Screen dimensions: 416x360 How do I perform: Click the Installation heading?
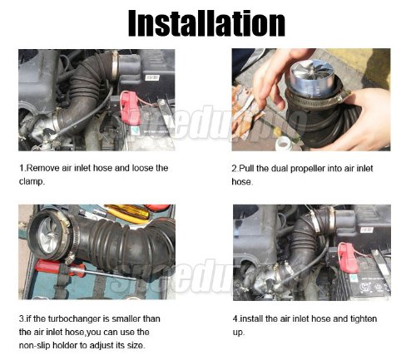(x=206, y=23)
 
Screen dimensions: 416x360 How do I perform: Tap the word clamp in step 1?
(x=31, y=182)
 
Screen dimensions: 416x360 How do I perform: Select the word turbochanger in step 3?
(x=74, y=318)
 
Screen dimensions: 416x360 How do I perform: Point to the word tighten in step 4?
(x=364, y=318)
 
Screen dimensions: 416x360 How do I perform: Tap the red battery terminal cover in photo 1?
(x=130, y=106)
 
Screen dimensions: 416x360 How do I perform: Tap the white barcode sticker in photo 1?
(x=152, y=78)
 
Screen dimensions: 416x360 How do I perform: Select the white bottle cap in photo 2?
(x=284, y=143)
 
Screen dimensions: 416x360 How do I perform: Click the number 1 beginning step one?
(x=22, y=168)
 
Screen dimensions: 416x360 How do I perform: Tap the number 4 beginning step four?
(x=235, y=318)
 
